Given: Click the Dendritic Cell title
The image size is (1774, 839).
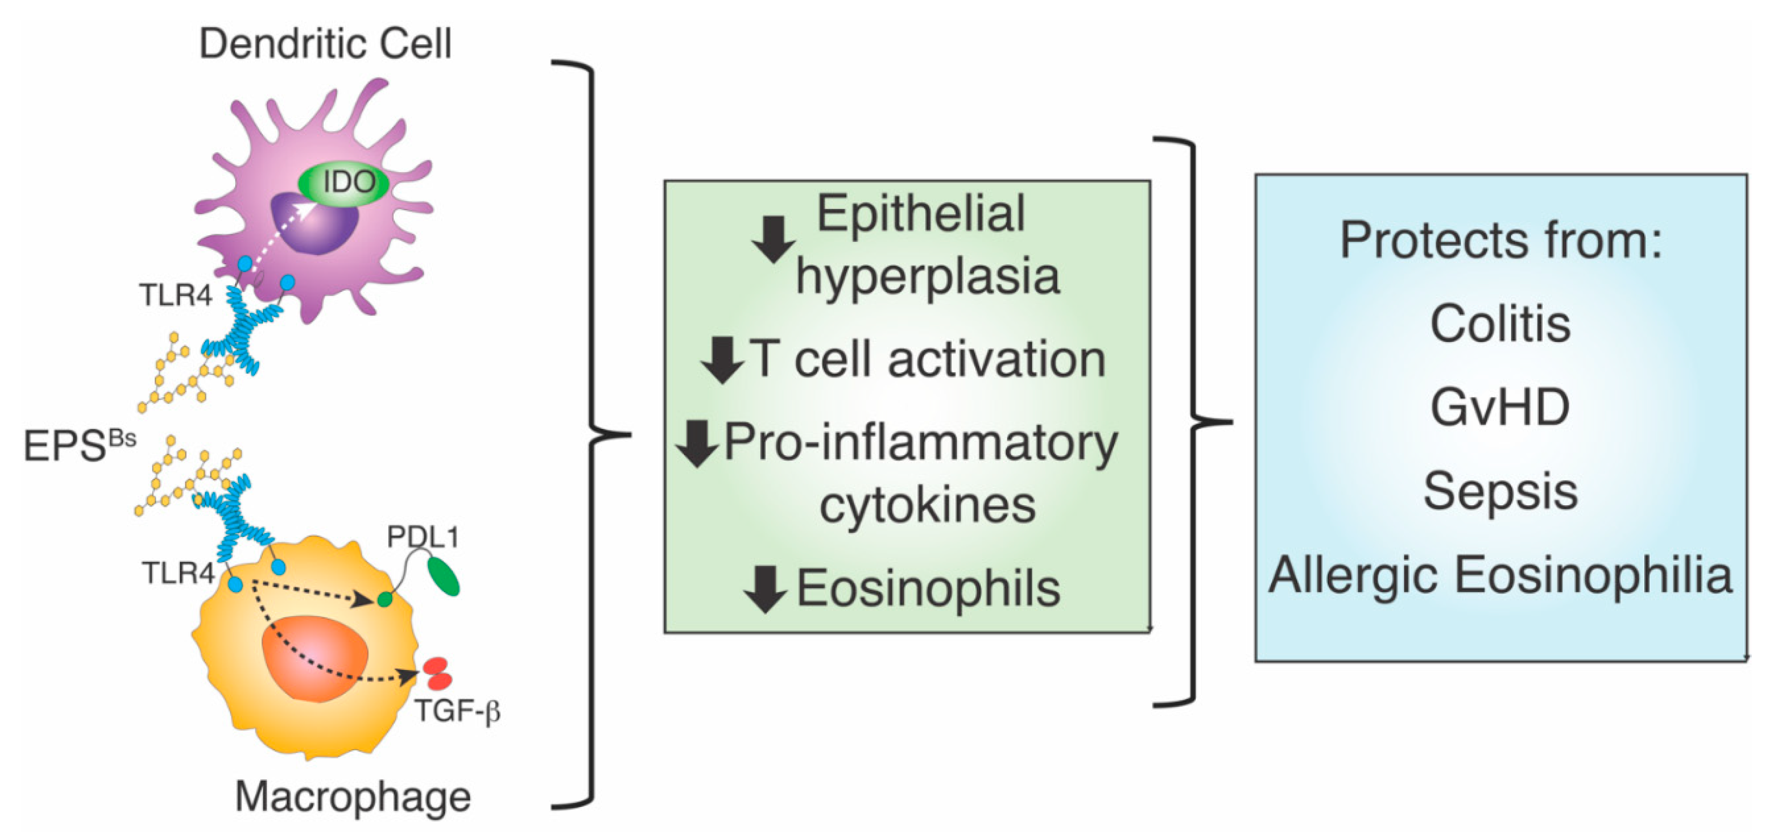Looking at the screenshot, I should (325, 44).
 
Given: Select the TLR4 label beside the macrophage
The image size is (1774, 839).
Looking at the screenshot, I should (178, 573).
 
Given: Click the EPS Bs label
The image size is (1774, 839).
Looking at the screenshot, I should (79, 445).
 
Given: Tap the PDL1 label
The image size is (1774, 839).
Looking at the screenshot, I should (422, 537).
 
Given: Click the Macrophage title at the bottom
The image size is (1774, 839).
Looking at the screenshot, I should (352, 797).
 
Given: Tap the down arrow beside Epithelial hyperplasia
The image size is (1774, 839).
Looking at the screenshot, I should (773, 239).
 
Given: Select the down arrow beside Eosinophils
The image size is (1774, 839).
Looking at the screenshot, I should (765, 590).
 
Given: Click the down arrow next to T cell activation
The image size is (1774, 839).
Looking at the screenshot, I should (722, 360).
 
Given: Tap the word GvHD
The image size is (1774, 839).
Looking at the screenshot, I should (1500, 408).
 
